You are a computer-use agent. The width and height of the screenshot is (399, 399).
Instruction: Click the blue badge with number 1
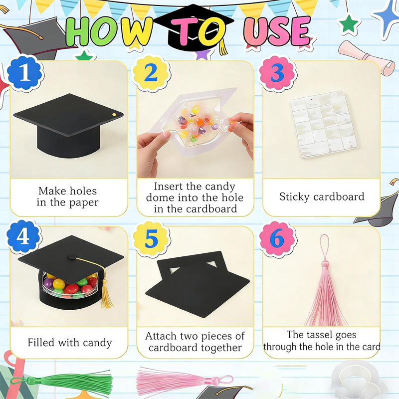(24, 73)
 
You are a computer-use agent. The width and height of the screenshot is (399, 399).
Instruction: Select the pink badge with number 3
(277, 73)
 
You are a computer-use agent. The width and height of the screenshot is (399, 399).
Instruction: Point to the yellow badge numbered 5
(151, 239)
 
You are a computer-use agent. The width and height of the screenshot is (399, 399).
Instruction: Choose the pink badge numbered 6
(277, 238)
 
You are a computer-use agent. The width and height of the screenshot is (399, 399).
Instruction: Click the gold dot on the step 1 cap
(114, 115)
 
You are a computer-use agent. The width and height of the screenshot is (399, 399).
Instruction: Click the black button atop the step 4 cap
(71, 257)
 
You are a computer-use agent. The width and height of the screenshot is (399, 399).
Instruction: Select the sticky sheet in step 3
(324, 124)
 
